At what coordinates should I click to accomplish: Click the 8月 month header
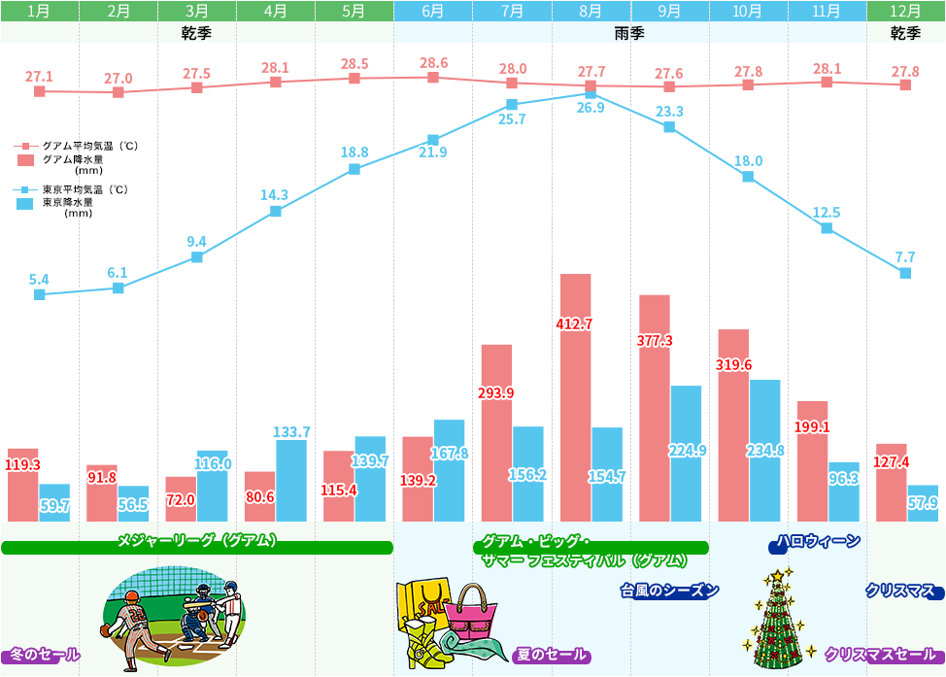click(x=591, y=12)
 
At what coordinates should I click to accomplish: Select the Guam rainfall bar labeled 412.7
click(x=575, y=398)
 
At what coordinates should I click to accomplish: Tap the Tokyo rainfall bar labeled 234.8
click(x=764, y=451)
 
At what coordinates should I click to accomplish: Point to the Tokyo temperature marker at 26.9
click(x=591, y=93)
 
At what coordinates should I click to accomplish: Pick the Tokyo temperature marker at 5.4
click(x=40, y=294)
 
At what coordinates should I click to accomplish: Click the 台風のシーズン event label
click(x=669, y=591)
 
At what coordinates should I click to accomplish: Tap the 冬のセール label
click(x=45, y=656)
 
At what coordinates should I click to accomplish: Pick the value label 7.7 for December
click(x=904, y=257)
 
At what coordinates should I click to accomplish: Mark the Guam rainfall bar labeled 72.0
click(x=181, y=499)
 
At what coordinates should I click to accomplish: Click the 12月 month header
click(x=905, y=12)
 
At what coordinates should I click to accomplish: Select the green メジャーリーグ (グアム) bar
click(x=197, y=548)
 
